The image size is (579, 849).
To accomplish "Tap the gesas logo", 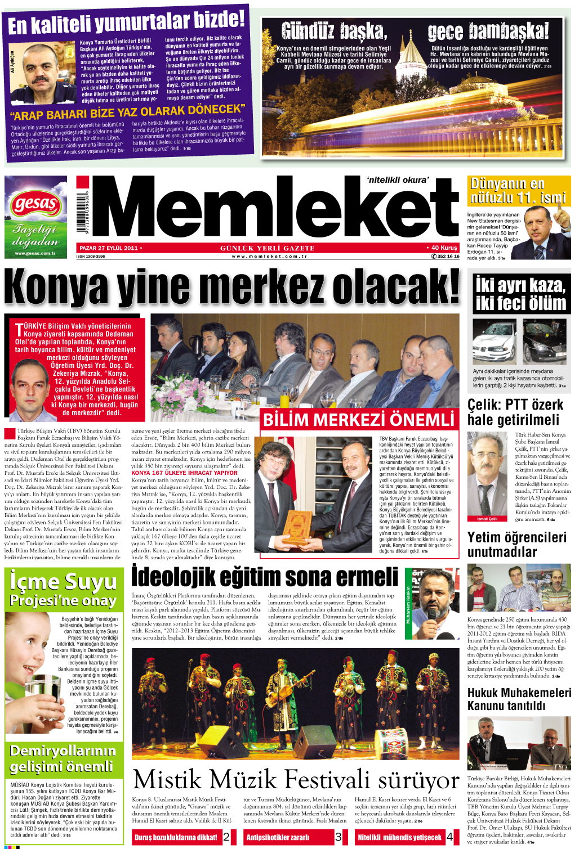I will tap(35, 204).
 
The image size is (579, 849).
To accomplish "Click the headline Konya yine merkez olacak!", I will tap(232, 287).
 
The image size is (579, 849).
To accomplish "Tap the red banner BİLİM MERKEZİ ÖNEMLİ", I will tap(359, 420).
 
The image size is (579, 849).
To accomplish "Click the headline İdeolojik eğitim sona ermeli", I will tap(265, 576).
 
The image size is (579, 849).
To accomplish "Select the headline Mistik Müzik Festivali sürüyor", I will tap(296, 779).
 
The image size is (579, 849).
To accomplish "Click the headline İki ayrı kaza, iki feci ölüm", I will tap(520, 294).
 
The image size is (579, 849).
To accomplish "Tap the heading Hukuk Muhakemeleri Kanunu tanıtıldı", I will tap(519, 699).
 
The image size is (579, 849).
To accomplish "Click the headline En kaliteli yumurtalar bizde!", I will tap(126, 23).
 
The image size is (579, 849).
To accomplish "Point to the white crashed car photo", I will tap(493, 342).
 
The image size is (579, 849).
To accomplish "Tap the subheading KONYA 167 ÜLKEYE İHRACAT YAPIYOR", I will tap(185, 473).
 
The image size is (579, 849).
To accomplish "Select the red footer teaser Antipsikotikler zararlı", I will tap(278, 837).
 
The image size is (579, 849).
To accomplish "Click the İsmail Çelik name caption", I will tap(487, 519).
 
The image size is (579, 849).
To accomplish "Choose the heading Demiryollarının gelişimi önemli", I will tap(62, 758).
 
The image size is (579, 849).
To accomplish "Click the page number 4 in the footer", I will tap(450, 837).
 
